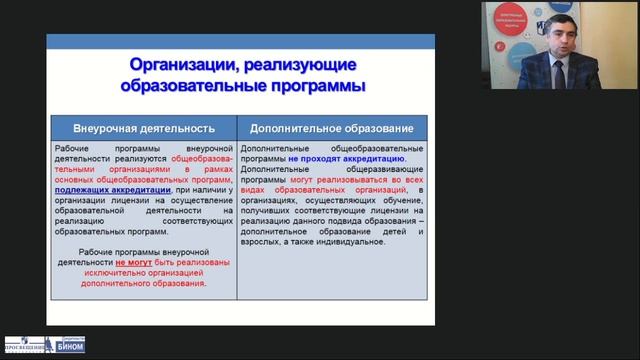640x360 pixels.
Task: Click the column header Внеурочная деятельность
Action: pyautogui.click(x=145, y=130)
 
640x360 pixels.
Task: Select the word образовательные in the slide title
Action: pyautogui.click(x=203, y=86)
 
